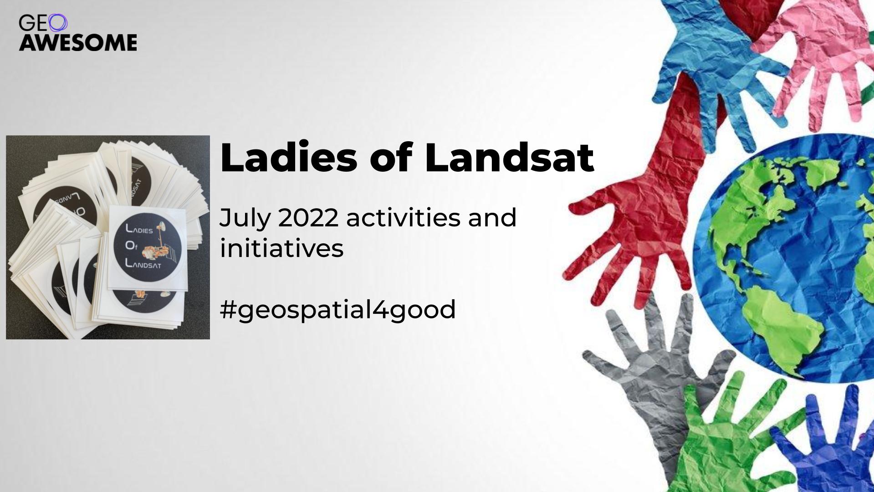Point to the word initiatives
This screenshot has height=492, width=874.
[281, 248]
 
